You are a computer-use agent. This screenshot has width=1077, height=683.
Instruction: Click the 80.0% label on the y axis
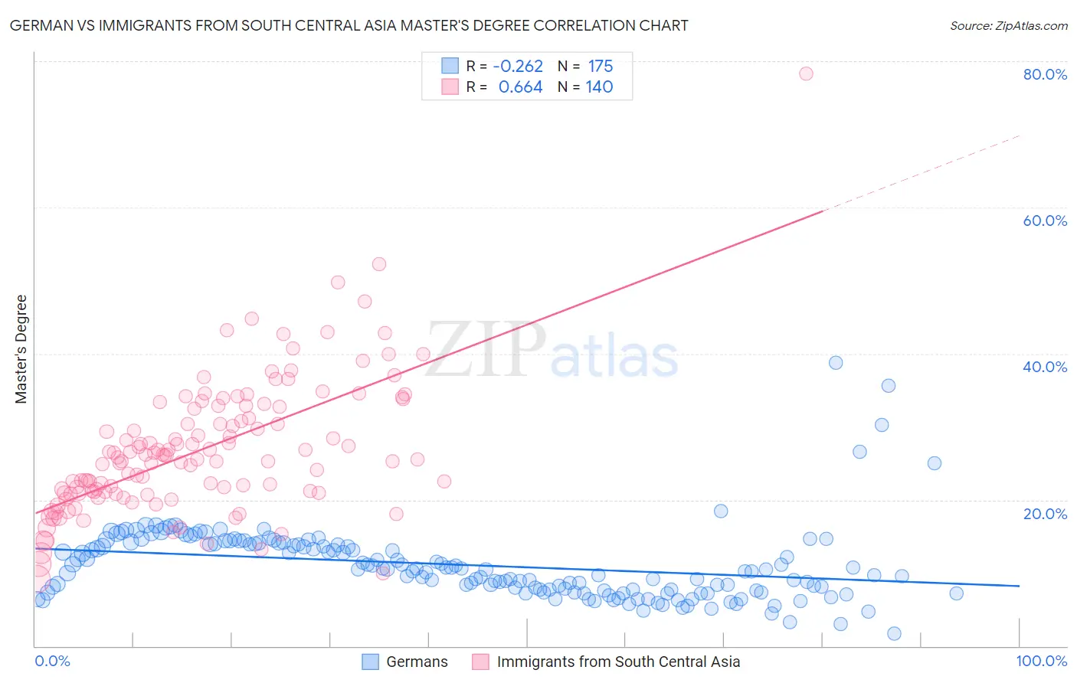click(1045, 74)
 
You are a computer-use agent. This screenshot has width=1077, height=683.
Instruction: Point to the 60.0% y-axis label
click(1045, 221)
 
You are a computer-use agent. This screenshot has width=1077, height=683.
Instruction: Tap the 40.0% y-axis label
click(1045, 367)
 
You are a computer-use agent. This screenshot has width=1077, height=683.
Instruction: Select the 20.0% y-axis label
click(1045, 514)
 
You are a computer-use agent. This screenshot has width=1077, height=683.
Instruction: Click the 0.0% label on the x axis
click(52, 662)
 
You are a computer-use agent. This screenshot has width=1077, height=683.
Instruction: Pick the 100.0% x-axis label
click(1041, 662)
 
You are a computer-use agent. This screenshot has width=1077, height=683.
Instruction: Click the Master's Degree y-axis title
click(21, 349)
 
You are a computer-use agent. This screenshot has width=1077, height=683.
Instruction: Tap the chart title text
click(349, 25)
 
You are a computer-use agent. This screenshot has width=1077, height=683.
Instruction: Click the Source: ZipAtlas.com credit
click(1008, 25)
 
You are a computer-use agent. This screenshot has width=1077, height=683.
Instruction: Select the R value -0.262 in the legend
click(518, 67)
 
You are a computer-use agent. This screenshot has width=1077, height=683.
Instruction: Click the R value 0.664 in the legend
click(520, 87)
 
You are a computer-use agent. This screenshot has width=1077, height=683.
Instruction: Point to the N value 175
click(601, 67)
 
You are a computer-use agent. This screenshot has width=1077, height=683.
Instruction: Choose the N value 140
click(599, 87)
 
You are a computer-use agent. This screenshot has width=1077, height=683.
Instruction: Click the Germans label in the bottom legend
click(417, 662)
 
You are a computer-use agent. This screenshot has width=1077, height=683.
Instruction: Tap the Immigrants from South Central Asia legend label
click(618, 662)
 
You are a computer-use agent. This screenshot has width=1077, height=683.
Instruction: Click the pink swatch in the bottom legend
click(480, 662)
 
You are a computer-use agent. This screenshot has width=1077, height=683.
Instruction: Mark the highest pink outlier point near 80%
click(806, 74)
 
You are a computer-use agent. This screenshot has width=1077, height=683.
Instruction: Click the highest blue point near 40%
click(836, 363)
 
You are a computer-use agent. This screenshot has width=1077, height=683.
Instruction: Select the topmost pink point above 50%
click(378, 264)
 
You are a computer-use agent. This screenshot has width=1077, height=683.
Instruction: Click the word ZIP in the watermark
click(486, 350)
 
